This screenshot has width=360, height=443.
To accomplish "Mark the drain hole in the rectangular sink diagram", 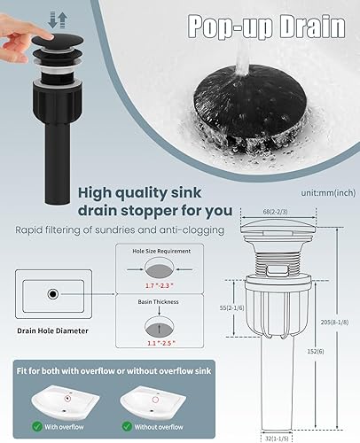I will tap(54, 293).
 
